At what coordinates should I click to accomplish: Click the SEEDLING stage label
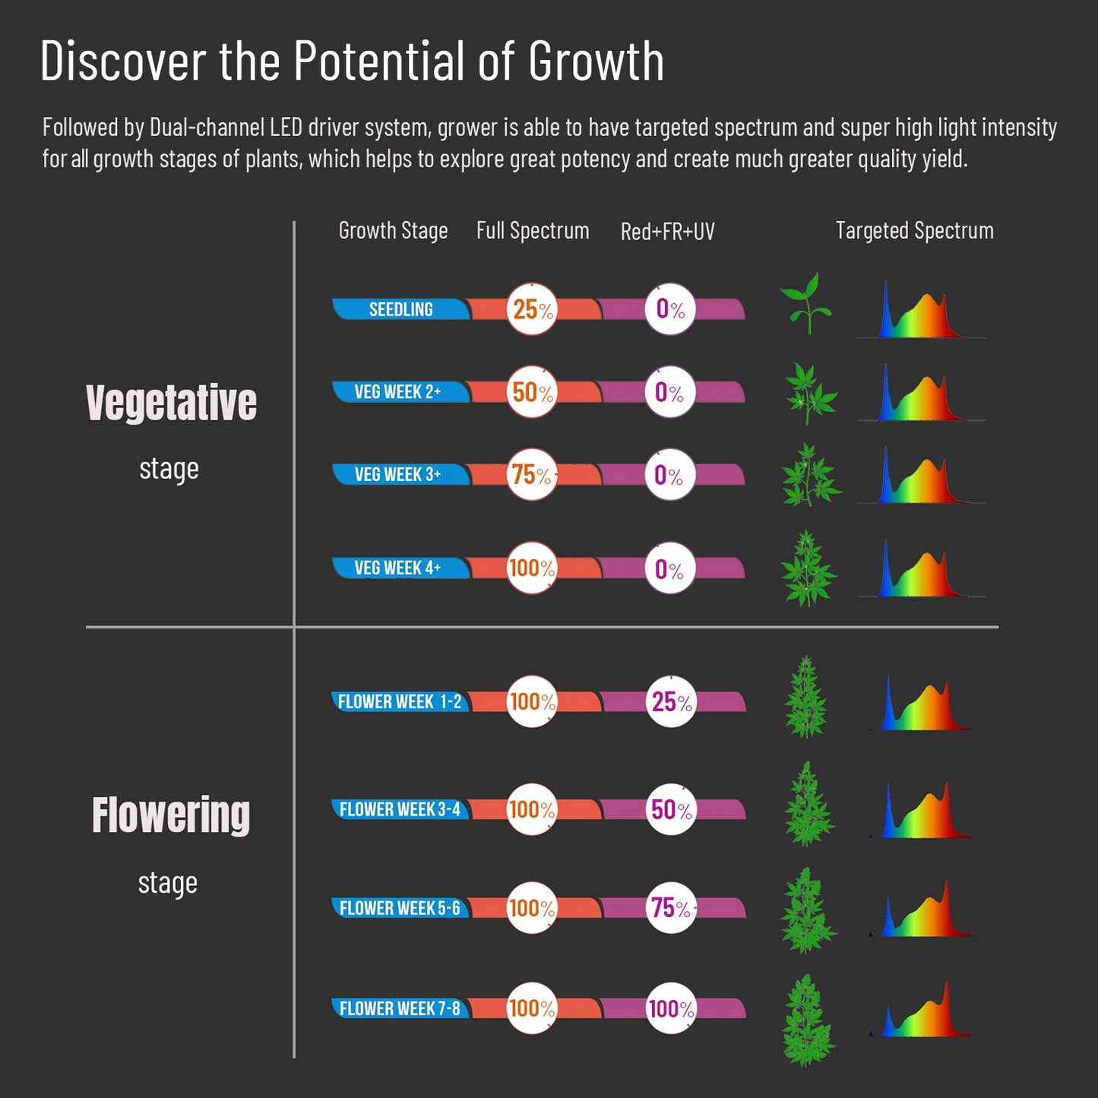click(400, 309)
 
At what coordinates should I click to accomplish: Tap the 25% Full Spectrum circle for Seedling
click(532, 309)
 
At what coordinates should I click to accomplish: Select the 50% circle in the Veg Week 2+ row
click(532, 392)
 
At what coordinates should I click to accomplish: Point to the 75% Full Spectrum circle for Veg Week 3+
click(532, 475)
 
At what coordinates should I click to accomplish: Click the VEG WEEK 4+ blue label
click(397, 568)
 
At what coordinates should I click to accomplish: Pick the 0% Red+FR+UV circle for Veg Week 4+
click(670, 568)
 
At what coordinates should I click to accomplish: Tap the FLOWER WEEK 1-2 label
click(400, 701)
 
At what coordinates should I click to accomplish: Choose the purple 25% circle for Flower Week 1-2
click(672, 701)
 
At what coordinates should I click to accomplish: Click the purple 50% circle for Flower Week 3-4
click(672, 809)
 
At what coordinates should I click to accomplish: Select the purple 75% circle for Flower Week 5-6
click(672, 907)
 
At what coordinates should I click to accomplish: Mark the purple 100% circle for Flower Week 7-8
click(672, 1008)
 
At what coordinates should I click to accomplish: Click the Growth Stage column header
click(393, 230)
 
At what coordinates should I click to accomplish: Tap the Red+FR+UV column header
click(667, 231)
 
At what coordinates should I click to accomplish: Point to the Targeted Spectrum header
click(914, 230)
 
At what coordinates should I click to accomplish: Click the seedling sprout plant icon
click(806, 303)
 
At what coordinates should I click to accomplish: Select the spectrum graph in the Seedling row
click(922, 312)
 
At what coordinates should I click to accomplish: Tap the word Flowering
click(171, 815)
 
